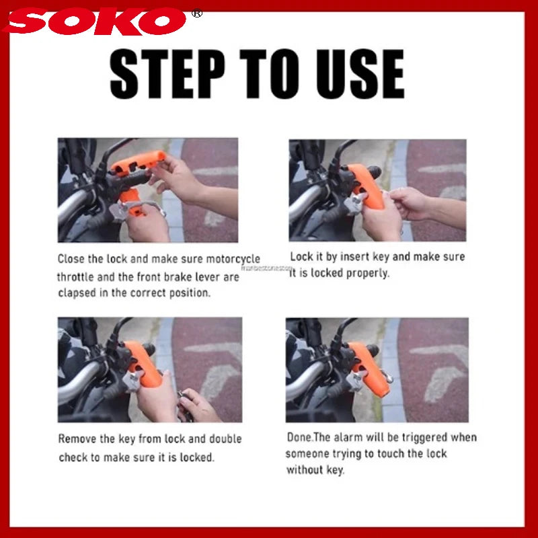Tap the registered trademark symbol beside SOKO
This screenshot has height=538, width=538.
pos(197,13)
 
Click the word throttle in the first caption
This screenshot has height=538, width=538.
pos(77,276)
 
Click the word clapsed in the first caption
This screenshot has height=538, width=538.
pos(78,293)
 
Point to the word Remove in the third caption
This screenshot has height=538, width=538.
pos(76,439)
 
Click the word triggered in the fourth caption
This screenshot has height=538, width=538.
pos(424,437)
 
